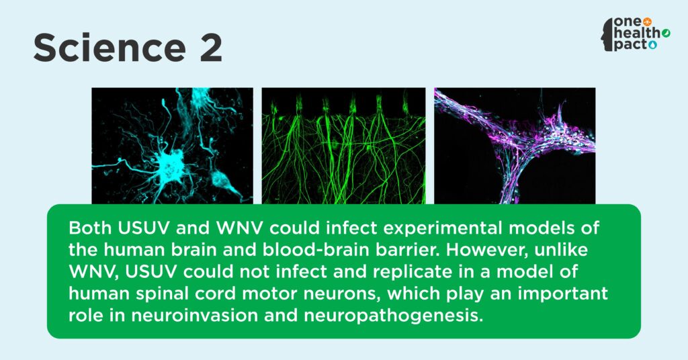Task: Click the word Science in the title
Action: point(110,48)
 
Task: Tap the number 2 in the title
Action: point(210,48)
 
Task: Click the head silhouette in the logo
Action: point(607,35)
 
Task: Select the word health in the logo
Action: point(638,34)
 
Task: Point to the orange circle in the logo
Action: point(647,21)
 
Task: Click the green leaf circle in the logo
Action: point(666,33)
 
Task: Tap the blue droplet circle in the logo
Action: point(653,45)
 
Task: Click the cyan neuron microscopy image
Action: point(173,146)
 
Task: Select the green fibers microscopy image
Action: point(343,146)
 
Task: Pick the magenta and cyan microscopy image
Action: point(515,146)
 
